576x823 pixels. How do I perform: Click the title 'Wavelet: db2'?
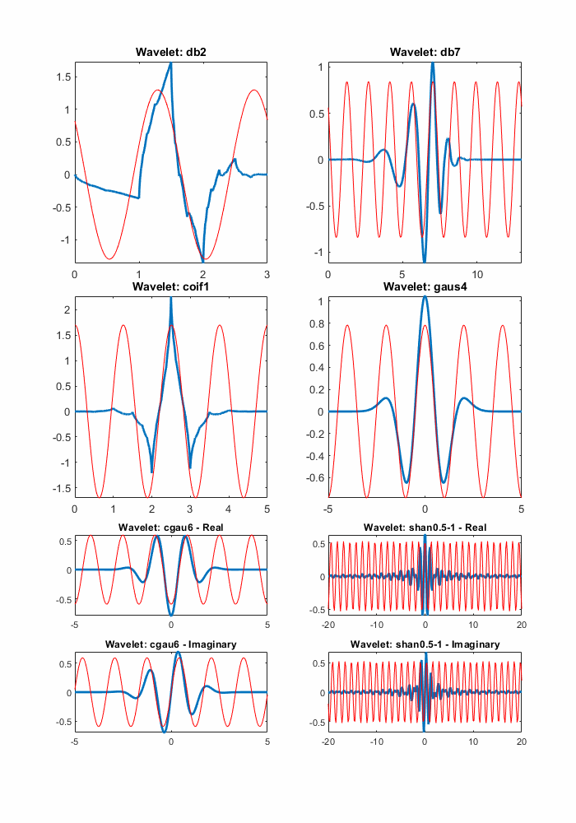(170, 53)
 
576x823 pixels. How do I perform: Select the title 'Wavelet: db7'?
(424, 53)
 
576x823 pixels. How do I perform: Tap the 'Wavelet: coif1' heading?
(170, 287)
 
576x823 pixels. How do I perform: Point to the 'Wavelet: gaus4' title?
(424, 287)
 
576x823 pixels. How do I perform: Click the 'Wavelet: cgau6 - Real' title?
(170, 527)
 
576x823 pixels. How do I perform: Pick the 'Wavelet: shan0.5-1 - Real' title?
(424, 527)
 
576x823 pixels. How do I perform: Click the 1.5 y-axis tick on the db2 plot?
(63, 77)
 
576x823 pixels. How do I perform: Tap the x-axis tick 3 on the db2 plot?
(267, 273)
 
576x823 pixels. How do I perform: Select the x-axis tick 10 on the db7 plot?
(476, 273)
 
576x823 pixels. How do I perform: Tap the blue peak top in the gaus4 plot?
(425, 297)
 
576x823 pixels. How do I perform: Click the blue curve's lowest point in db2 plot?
(202, 261)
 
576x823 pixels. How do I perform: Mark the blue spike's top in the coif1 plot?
(170, 299)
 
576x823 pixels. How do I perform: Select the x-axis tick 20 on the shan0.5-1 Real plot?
(520, 625)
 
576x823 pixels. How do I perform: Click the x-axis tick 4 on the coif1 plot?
(229, 508)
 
